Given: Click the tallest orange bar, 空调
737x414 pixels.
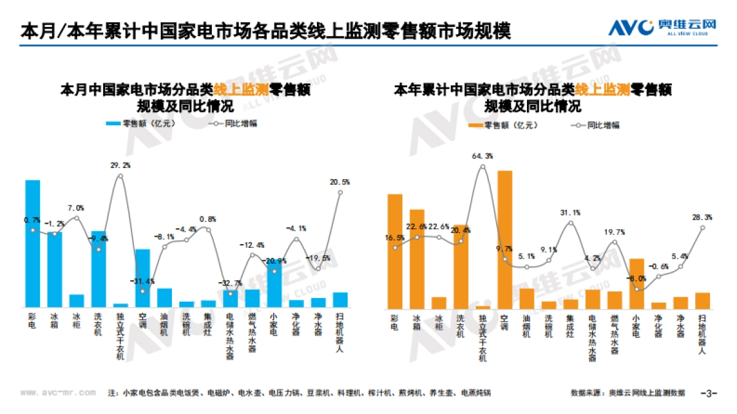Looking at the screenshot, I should click(x=505, y=239).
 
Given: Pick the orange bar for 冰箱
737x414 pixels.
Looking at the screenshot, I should click(x=417, y=258).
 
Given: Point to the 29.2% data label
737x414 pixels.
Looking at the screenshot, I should click(x=120, y=166).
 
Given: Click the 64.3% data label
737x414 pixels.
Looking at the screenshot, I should click(x=483, y=156).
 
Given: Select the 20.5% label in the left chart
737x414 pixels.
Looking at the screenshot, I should click(x=340, y=182).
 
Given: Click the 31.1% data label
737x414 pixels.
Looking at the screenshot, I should click(x=571, y=213).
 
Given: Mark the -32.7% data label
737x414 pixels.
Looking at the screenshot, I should click(x=231, y=283).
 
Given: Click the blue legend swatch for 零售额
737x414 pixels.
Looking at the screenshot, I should click(x=113, y=123).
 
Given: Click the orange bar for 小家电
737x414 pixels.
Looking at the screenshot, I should click(x=637, y=283).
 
